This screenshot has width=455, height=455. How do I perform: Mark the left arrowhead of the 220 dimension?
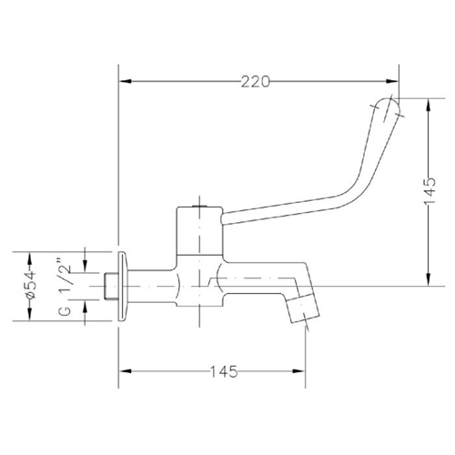(128, 81)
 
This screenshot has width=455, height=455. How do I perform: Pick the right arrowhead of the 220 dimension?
(393, 81)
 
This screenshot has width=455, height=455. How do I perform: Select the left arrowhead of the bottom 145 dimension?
(128, 370)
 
